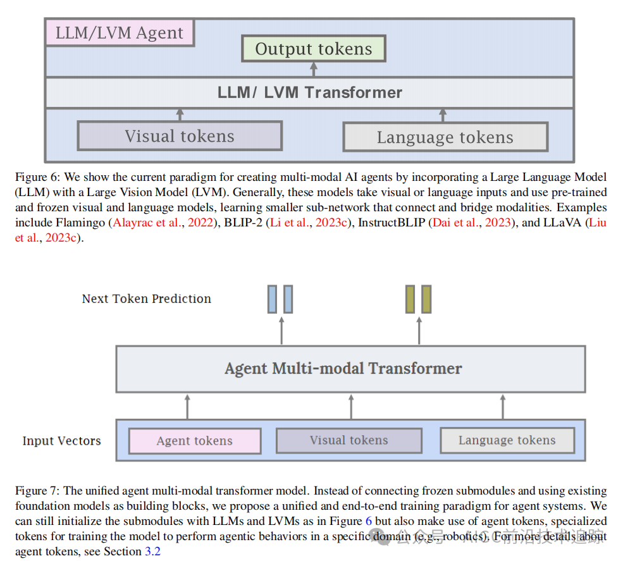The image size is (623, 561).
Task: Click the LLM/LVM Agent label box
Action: coord(120,33)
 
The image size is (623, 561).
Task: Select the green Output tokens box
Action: coord(314,49)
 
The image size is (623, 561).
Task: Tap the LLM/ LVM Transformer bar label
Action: coord(309,92)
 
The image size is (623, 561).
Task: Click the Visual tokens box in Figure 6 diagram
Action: coord(180,136)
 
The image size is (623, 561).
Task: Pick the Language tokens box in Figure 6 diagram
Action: coord(445,137)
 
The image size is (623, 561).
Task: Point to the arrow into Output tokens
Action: coord(314,69)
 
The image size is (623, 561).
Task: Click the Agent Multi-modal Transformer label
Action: coord(343,368)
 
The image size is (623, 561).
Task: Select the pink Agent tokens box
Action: coord(194,441)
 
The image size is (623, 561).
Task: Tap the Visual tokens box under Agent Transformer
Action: coord(349,440)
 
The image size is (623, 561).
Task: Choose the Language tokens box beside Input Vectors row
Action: coord(507,440)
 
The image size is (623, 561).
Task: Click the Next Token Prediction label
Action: coord(147,299)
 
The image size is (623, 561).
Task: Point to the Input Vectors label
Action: coord(61,441)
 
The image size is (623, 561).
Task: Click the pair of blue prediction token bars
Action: coord(280,299)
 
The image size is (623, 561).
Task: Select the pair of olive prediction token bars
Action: coord(418,299)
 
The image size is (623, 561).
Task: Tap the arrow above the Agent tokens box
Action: coord(187,406)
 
